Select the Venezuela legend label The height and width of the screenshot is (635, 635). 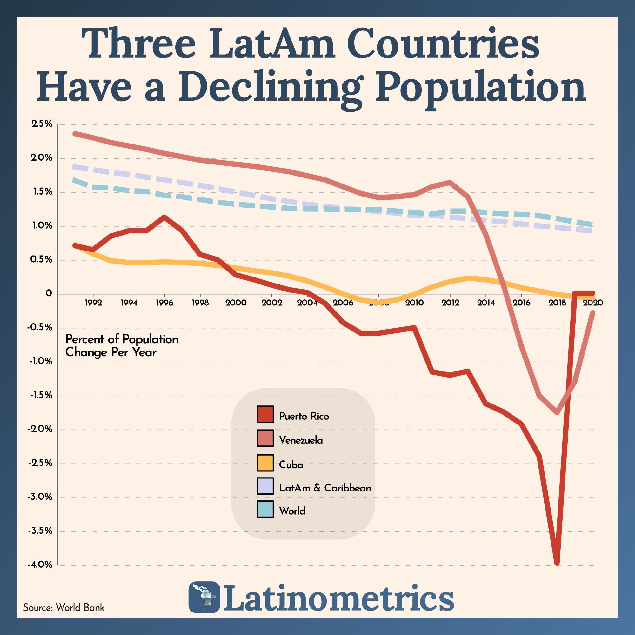(x=301, y=440)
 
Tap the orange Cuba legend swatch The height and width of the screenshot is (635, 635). (x=265, y=463)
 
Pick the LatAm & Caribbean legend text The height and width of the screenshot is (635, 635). (x=325, y=488)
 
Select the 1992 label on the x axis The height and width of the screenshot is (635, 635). (x=93, y=303)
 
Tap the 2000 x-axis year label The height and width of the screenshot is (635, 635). (x=236, y=303)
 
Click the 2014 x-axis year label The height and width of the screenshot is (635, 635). (x=486, y=303)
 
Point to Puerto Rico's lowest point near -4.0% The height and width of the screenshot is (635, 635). (x=557, y=563)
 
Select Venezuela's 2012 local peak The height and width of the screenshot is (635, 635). (x=450, y=182)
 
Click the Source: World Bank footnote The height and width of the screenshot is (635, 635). (x=64, y=607)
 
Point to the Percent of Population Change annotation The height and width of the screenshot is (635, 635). (x=122, y=345)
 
